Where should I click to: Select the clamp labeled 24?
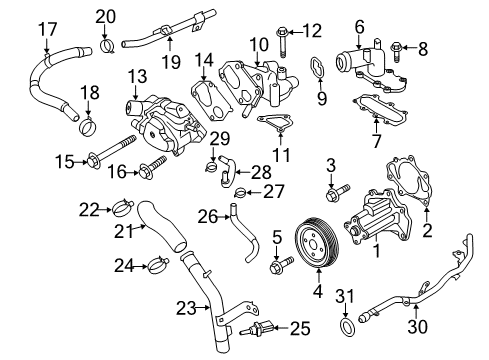pyautogui.click(x=156, y=265)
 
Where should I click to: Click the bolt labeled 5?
pyautogui.click(x=279, y=266)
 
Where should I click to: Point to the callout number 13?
pyautogui.click(x=136, y=76)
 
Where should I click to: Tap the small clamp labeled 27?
pyautogui.click(x=229, y=192)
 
